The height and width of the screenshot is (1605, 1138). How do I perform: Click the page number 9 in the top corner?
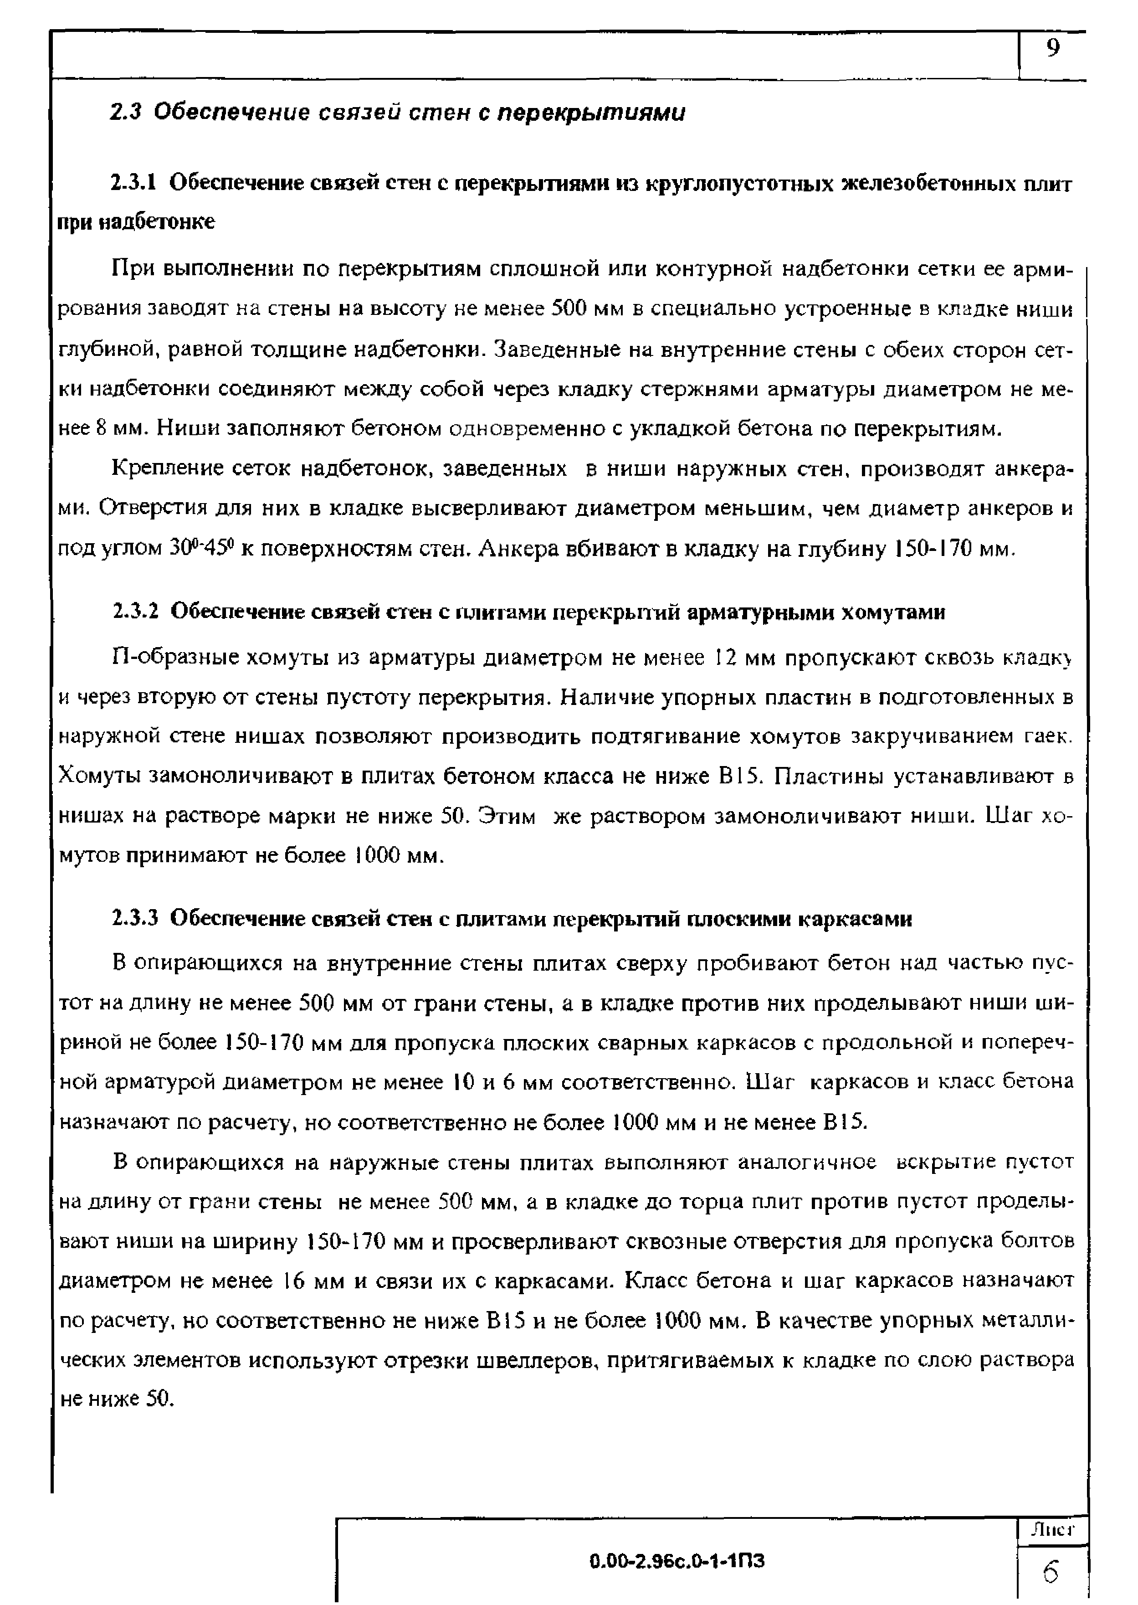tap(1052, 49)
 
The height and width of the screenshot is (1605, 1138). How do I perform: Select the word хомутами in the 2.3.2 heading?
tap(893, 612)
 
